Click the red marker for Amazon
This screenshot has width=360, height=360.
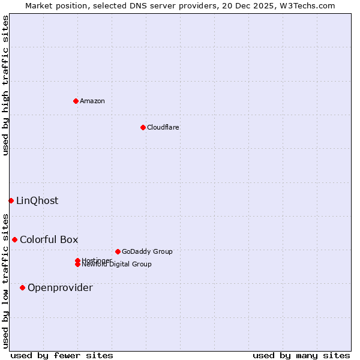[76, 101]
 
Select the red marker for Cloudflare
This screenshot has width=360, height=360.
[143, 127]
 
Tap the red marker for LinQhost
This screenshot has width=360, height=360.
[11, 200]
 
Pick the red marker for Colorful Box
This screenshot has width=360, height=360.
[14, 239]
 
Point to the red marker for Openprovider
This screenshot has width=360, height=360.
[22, 287]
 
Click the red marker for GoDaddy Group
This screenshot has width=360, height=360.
[118, 251]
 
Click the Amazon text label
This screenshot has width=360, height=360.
[92, 101]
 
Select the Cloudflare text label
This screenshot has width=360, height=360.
[163, 127]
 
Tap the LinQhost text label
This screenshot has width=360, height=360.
[37, 200]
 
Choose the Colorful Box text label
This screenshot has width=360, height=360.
[49, 239]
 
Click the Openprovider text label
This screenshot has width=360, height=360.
[60, 287]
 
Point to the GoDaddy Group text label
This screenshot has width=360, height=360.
[147, 251]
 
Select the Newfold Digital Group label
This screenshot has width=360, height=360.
[116, 265]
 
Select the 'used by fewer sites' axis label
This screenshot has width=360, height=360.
[61, 355]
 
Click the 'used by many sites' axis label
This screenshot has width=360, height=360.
[301, 355]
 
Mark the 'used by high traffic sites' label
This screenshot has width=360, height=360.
[5, 85]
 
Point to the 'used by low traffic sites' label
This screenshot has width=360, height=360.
[5, 280]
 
